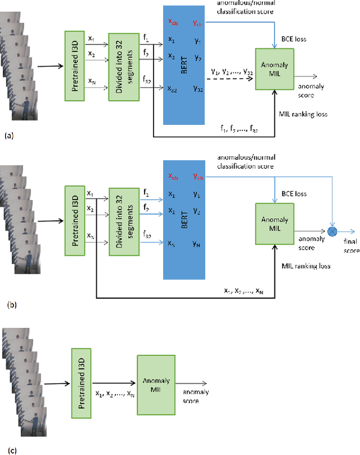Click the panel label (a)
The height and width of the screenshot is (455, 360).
[x=8, y=136]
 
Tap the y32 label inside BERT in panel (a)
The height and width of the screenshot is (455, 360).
[x=198, y=88]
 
